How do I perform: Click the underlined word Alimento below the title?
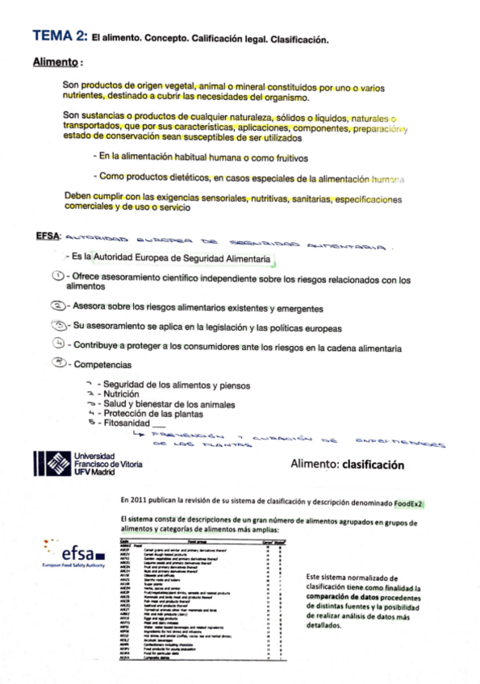56,61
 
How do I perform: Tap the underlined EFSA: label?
48,236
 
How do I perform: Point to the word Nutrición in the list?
120,394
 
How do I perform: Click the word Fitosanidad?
125,422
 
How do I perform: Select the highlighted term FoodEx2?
410,504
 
